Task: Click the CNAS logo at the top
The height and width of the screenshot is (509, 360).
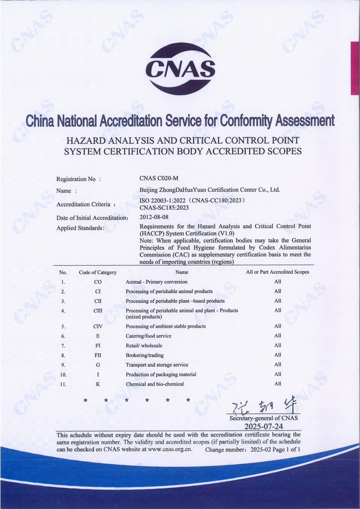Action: click(x=180, y=69)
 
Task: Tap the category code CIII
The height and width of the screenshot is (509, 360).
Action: click(x=98, y=311)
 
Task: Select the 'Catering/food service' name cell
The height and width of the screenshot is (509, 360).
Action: click(x=149, y=336)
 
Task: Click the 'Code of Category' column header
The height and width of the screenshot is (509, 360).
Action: click(x=97, y=272)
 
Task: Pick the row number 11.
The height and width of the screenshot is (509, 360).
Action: click(x=63, y=385)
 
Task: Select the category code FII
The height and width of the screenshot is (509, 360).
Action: click(x=98, y=355)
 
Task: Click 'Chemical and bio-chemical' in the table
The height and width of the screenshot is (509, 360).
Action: click(x=155, y=384)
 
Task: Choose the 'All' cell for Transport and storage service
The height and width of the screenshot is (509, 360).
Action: click(x=277, y=365)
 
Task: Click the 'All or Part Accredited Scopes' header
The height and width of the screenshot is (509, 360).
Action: click(x=277, y=272)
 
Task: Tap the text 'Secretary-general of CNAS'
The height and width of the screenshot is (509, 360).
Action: click(x=263, y=418)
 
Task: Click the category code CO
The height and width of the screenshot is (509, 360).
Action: click(x=98, y=282)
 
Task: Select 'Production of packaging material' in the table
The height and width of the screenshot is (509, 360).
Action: click(x=161, y=375)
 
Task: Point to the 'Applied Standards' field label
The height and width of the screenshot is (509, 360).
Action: click(x=80, y=228)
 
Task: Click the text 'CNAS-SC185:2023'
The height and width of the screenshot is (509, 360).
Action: click(x=164, y=207)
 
